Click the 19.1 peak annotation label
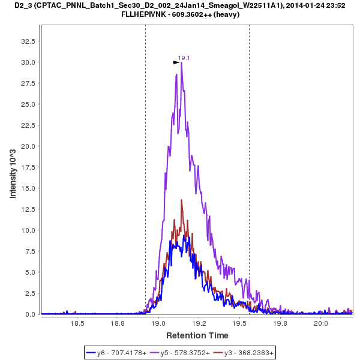coord(184,58)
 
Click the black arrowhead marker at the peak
coord(176,62)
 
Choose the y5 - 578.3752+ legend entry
coord(185,353)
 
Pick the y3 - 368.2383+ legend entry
coord(249,353)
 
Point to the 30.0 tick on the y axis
coord(28,62)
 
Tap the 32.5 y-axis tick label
coord(28,41)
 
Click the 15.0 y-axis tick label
coord(28,188)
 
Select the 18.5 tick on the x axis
coord(77,323)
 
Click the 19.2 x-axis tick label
coord(199,323)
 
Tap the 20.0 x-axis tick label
coord(321,323)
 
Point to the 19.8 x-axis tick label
coord(280,323)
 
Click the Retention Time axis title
coord(197,335)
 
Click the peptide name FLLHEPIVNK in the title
coord(153,14)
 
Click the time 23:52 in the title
coord(330,5)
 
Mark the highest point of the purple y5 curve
coord(181,62)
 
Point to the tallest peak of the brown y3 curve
coord(181,200)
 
